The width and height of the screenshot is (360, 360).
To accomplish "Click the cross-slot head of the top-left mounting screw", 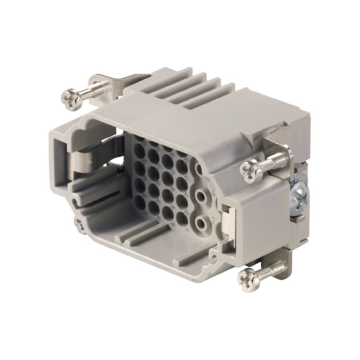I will [71, 99].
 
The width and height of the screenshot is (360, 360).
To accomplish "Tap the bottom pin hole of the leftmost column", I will [140, 203].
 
